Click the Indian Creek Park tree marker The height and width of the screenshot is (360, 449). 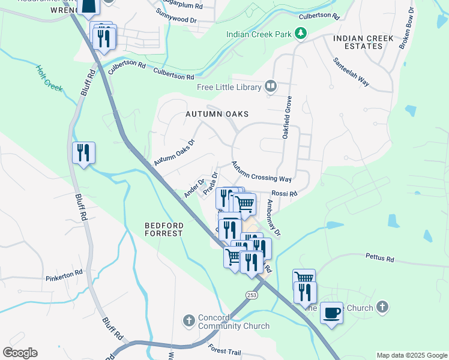[301, 34]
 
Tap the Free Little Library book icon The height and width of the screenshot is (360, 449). [271, 87]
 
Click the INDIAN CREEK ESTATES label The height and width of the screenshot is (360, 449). [363, 42]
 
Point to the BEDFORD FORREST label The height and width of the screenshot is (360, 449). [163, 229]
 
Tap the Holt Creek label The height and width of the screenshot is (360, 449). [49, 78]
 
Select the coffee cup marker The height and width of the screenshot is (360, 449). [331, 313]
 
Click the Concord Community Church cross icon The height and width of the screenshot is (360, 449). [188, 320]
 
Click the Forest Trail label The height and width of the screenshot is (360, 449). [226, 349]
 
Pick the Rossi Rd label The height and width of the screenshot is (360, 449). [285, 193]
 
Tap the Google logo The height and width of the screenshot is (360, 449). [20, 353]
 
